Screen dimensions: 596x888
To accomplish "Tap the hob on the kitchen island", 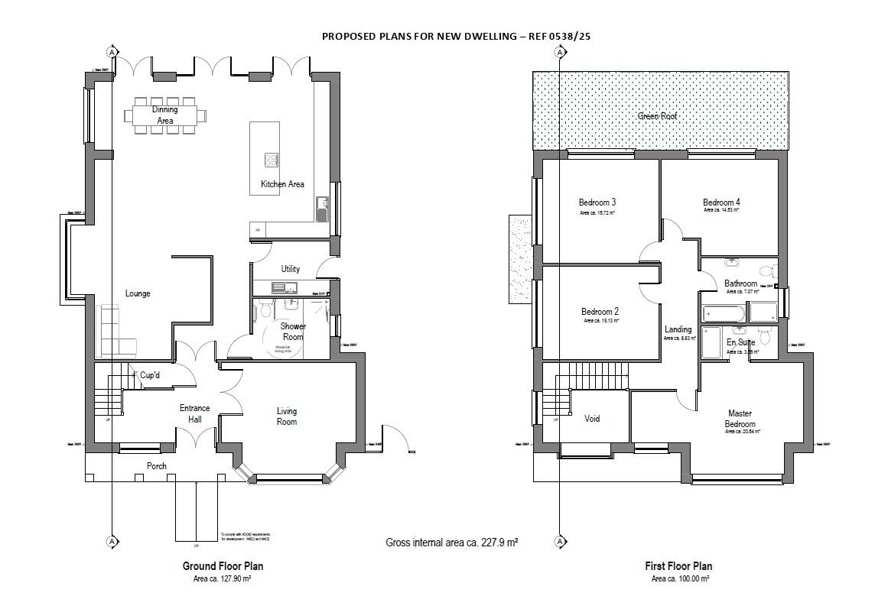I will (x=272, y=160).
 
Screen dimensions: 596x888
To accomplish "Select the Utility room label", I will (x=290, y=269).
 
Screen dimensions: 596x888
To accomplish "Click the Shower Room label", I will (x=293, y=332).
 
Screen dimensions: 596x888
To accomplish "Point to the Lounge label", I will (x=138, y=293).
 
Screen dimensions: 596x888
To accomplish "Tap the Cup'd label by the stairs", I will (x=150, y=375).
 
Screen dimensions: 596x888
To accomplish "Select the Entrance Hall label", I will (x=194, y=414).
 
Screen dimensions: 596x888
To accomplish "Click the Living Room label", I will (x=287, y=416).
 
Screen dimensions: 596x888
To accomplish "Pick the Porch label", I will (x=157, y=466).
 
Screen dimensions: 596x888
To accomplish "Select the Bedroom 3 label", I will (x=597, y=202).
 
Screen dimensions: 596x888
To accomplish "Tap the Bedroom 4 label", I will (x=721, y=202).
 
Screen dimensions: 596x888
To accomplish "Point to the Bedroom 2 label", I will (x=600, y=312).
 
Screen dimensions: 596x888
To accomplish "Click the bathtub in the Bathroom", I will (x=723, y=313).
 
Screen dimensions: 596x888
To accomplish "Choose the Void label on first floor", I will (x=592, y=419).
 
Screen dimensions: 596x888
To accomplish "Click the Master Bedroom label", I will (x=740, y=419).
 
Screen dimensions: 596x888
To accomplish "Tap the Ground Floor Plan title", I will (x=223, y=566).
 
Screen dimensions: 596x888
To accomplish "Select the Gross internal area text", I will (x=452, y=543).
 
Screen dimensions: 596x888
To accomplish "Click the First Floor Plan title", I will (x=678, y=566).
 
